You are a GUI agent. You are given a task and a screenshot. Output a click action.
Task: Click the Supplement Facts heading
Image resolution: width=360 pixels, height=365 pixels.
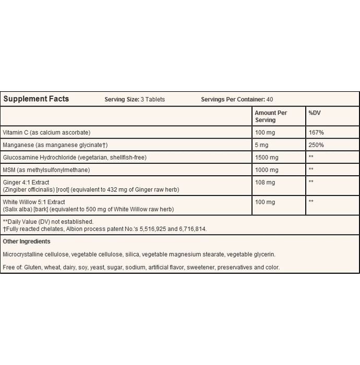[36, 99]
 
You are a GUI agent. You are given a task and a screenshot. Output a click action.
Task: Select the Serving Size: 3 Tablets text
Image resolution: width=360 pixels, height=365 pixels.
[135, 100]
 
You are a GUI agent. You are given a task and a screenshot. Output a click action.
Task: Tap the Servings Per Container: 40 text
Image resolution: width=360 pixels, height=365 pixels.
[237, 100]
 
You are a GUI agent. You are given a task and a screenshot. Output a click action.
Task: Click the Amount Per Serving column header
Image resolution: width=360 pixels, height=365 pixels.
[270, 116]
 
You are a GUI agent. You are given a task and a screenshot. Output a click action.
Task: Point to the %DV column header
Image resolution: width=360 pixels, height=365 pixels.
[315, 113]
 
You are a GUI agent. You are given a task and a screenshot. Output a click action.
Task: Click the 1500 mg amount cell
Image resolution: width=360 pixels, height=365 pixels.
[266, 157]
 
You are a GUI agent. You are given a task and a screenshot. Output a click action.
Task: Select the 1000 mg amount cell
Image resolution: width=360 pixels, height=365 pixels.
[266, 169]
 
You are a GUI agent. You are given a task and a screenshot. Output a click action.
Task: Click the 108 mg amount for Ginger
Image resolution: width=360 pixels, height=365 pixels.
[265, 182]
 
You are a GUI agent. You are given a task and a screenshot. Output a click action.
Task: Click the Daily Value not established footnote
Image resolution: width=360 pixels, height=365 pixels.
[48, 222]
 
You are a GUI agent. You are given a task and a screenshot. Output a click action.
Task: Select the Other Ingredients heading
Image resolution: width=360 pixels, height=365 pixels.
[27, 241]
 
